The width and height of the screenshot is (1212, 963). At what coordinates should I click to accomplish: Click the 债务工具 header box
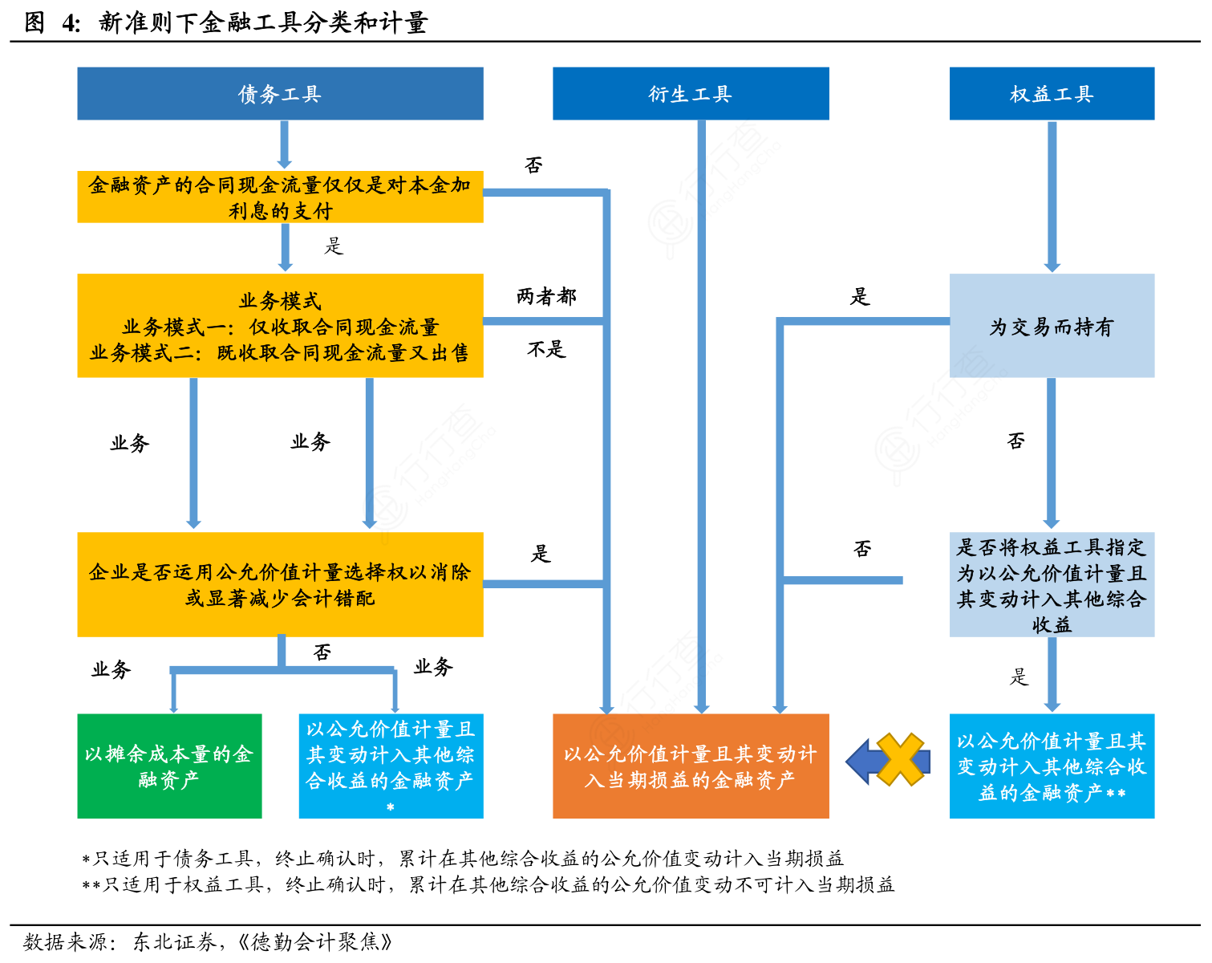click(x=280, y=94)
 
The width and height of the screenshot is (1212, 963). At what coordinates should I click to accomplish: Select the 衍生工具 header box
click(x=691, y=94)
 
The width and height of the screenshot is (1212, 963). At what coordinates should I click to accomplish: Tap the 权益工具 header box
click(x=1052, y=94)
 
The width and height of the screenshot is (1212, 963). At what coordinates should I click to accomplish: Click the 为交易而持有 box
click(x=1052, y=326)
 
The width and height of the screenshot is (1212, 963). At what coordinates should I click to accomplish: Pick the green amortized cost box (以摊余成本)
click(x=169, y=766)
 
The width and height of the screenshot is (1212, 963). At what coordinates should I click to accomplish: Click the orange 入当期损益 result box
click(x=691, y=766)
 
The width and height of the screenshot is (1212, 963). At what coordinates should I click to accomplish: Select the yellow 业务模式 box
click(x=280, y=326)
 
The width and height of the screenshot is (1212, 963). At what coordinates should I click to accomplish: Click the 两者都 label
click(x=546, y=297)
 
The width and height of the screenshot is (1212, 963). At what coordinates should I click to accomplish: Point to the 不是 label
click(x=546, y=349)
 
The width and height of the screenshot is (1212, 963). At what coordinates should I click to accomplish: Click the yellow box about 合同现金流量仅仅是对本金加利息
click(x=280, y=197)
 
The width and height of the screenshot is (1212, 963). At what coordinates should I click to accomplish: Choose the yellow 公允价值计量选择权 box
click(x=280, y=584)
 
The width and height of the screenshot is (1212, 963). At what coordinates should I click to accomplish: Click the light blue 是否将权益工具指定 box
click(x=1052, y=584)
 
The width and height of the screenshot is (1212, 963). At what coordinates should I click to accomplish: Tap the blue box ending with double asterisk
click(x=1052, y=766)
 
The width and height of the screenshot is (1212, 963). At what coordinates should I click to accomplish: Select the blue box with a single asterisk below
click(x=391, y=766)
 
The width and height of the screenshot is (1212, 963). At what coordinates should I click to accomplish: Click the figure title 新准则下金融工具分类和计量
click(x=262, y=22)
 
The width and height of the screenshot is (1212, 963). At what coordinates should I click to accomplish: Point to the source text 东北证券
click(x=174, y=941)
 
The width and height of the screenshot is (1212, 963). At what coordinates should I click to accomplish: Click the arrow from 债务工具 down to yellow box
click(x=285, y=144)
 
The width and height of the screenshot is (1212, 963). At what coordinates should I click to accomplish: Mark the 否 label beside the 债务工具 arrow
click(x=533, y=165)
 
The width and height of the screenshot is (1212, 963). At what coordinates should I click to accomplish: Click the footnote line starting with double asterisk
click(x=488, y=884)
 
